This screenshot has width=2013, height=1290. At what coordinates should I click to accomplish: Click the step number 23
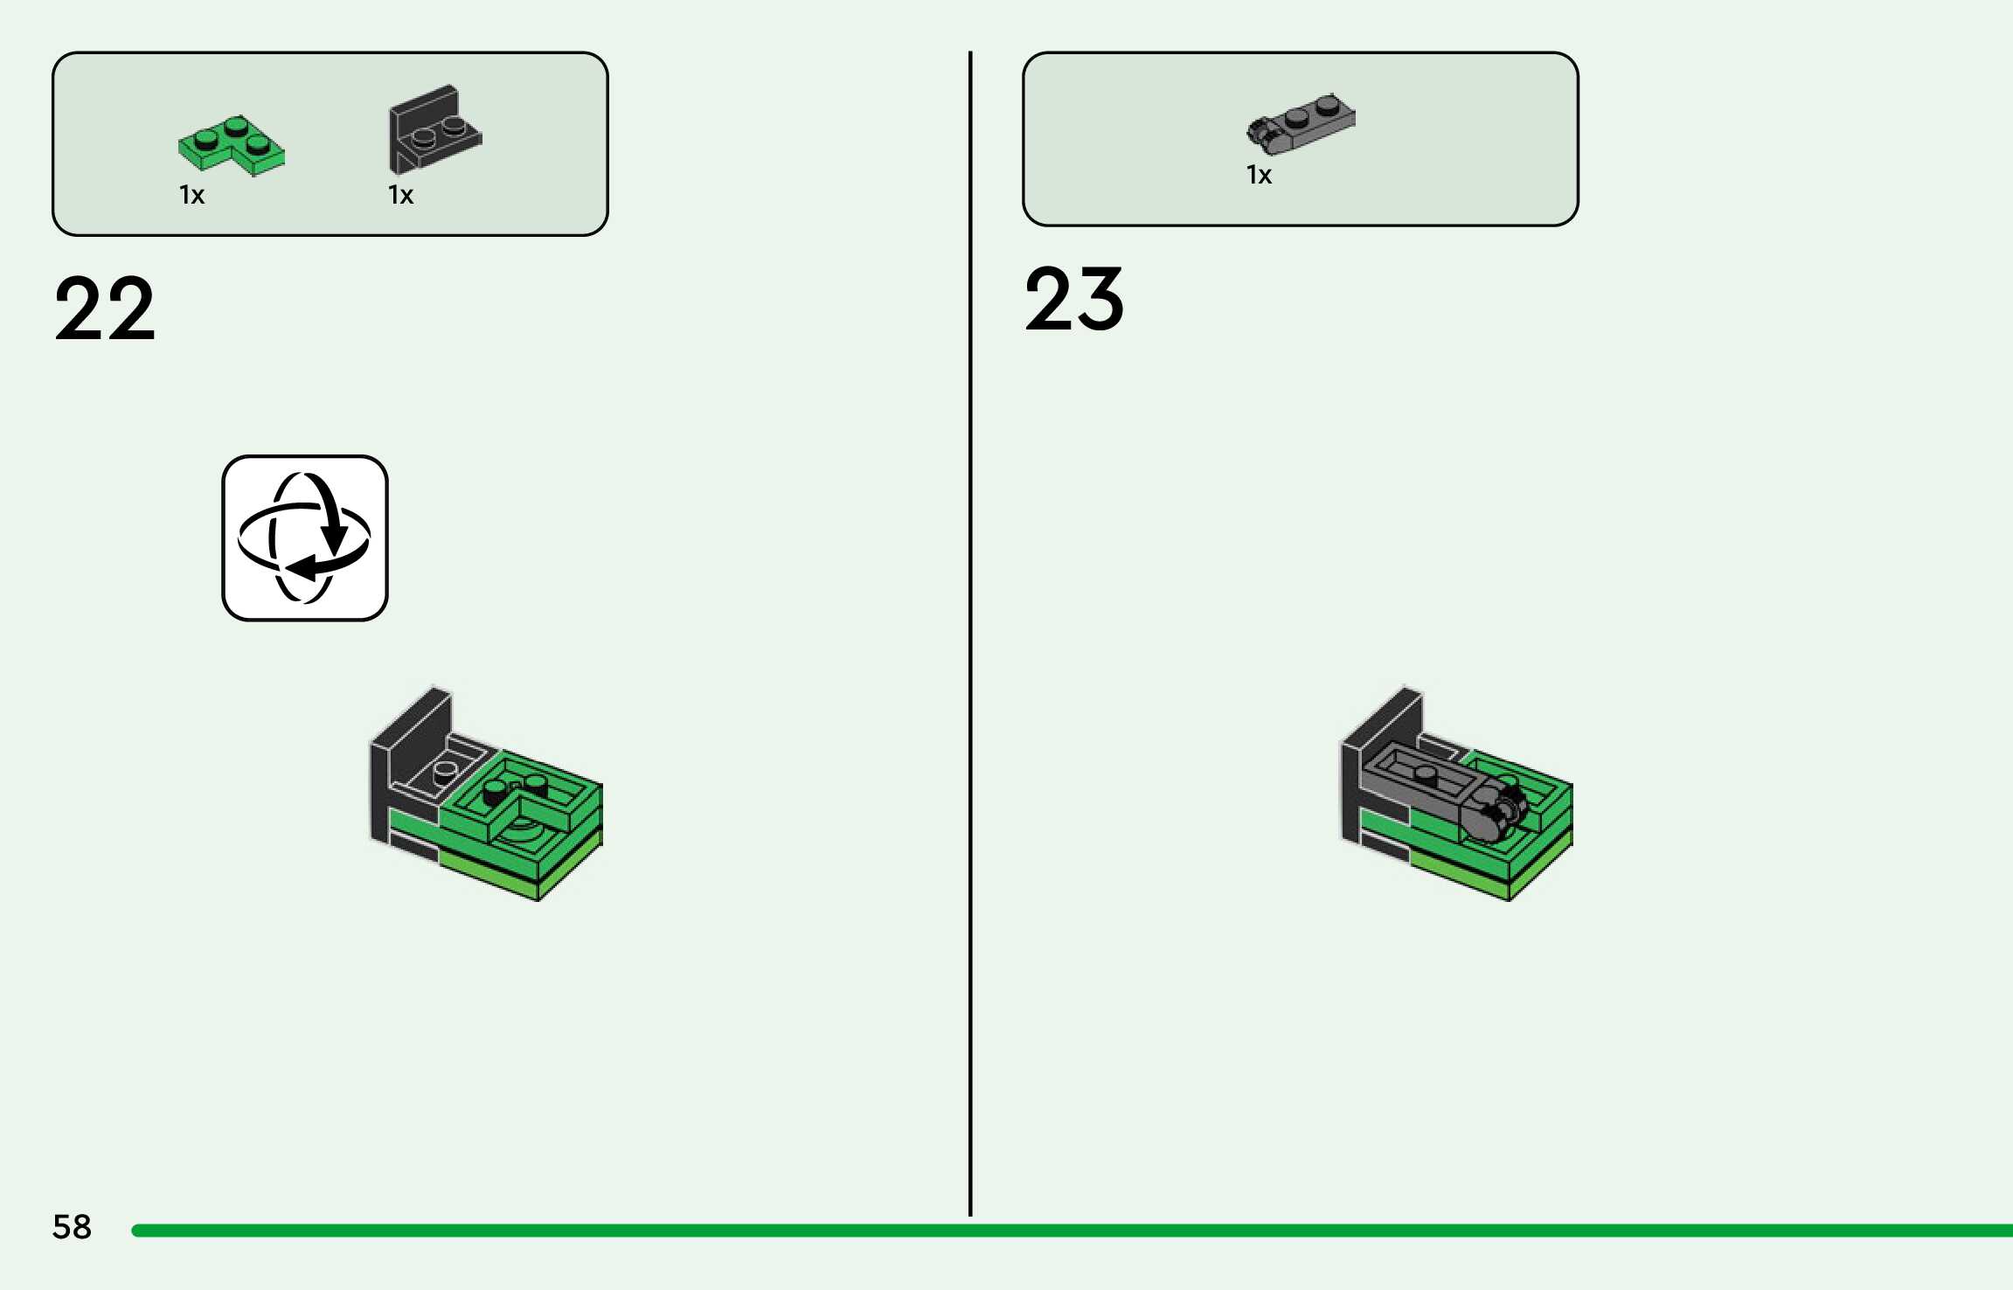(x=1074, y=299)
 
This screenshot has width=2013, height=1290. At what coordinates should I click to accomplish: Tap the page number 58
(x=72, y=1227)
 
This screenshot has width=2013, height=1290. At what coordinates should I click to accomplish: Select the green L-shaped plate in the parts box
(x=231, y=145)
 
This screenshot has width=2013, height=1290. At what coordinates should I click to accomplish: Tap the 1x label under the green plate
(x=192, y=195)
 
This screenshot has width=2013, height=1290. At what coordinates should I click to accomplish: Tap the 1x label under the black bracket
(x=401, y=195)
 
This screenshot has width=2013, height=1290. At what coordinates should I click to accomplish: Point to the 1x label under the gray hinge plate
(x=1260, y=176)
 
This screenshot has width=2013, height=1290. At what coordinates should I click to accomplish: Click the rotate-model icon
(x=305, y=537)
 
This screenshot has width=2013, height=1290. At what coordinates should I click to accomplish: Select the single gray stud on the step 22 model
(x=446, y=772)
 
